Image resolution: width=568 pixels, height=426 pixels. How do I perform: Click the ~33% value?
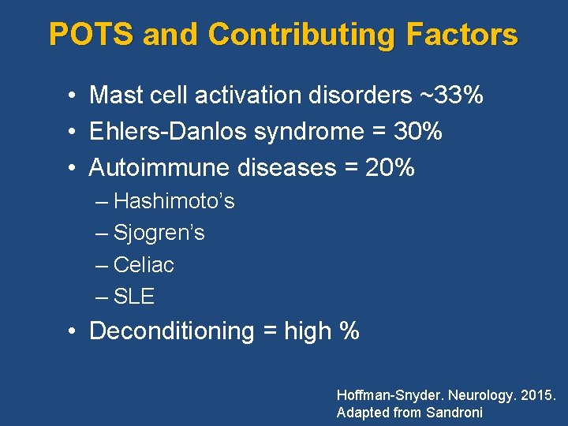click(x=448, y=95)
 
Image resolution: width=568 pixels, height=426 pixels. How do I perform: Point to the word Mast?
click(x=112, y=95)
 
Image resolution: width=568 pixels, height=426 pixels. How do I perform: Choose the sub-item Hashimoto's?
click(x=174, y=201)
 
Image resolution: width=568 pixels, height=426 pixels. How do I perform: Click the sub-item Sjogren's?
click(x=159, y=233)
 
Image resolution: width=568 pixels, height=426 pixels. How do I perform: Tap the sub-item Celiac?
click(x=144, y=265)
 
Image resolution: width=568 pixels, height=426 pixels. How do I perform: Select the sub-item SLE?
click(x=134, y=297)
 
